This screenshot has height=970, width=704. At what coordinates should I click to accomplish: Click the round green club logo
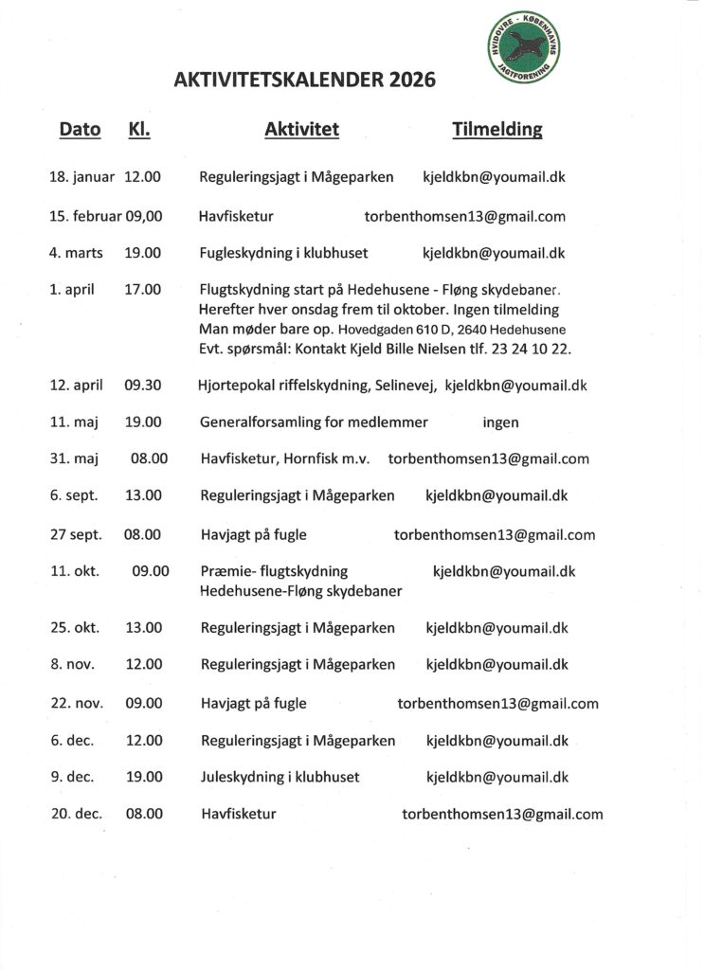pos(523,48)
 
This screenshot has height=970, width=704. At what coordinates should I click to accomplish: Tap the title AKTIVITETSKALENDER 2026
pos(305,81)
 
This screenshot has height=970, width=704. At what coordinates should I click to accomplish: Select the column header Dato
pos(80,130)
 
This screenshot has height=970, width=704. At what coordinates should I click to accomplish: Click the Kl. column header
pos(139,130)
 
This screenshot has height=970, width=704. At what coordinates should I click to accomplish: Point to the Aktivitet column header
pos(301,130)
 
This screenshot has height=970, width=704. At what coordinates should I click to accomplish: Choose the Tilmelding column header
pos(497,130)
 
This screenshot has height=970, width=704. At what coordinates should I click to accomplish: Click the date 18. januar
pos(81,177)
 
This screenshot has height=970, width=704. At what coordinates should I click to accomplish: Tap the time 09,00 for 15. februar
pos(144,216)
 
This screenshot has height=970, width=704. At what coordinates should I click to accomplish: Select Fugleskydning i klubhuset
pos(283,253)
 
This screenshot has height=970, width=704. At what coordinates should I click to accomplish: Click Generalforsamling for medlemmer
pos(314,422)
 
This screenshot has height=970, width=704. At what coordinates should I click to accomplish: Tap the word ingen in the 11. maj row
pos(500,422)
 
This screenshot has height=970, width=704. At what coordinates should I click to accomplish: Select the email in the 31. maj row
pos(488,459)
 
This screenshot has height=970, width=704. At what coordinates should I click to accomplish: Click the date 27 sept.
pos(75,534)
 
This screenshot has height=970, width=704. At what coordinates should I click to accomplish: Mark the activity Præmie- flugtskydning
pos(274,571)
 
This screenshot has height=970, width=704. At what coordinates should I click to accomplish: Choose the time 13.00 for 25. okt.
pos(144,627)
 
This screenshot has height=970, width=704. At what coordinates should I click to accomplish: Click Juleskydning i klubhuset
pos(280,777)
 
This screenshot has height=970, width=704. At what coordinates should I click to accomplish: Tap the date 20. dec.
pos(76,814)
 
